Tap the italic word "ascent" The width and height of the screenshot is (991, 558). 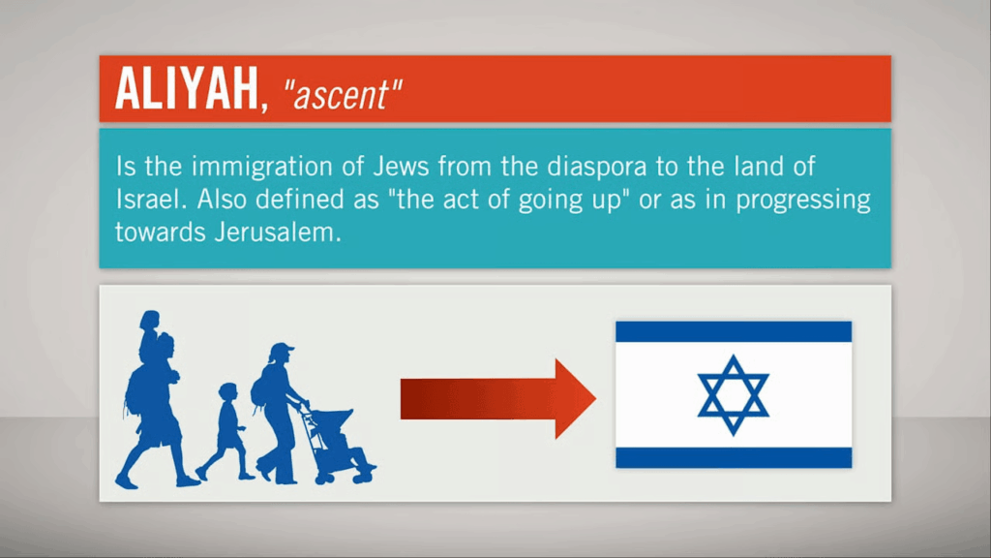coord(343,95)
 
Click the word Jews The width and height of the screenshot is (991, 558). coord(401,167)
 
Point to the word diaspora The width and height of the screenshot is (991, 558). coord(596,168)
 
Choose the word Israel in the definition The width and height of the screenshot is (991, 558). coord(151,200)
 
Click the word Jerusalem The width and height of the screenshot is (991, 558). coord(277,232)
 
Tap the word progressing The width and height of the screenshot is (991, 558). coord(803,201)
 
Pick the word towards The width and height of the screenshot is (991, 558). coord(161,232)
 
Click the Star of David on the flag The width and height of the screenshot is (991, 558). coord(734,395)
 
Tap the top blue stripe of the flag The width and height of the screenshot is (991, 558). coord(734,331)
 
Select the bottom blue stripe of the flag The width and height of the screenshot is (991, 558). coord(734,457)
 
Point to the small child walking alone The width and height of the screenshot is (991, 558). coord(225,431)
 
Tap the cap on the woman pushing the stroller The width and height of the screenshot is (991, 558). coord(281,349)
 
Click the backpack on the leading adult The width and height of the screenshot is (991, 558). coord(135,392)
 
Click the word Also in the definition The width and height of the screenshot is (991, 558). coord(222,200)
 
